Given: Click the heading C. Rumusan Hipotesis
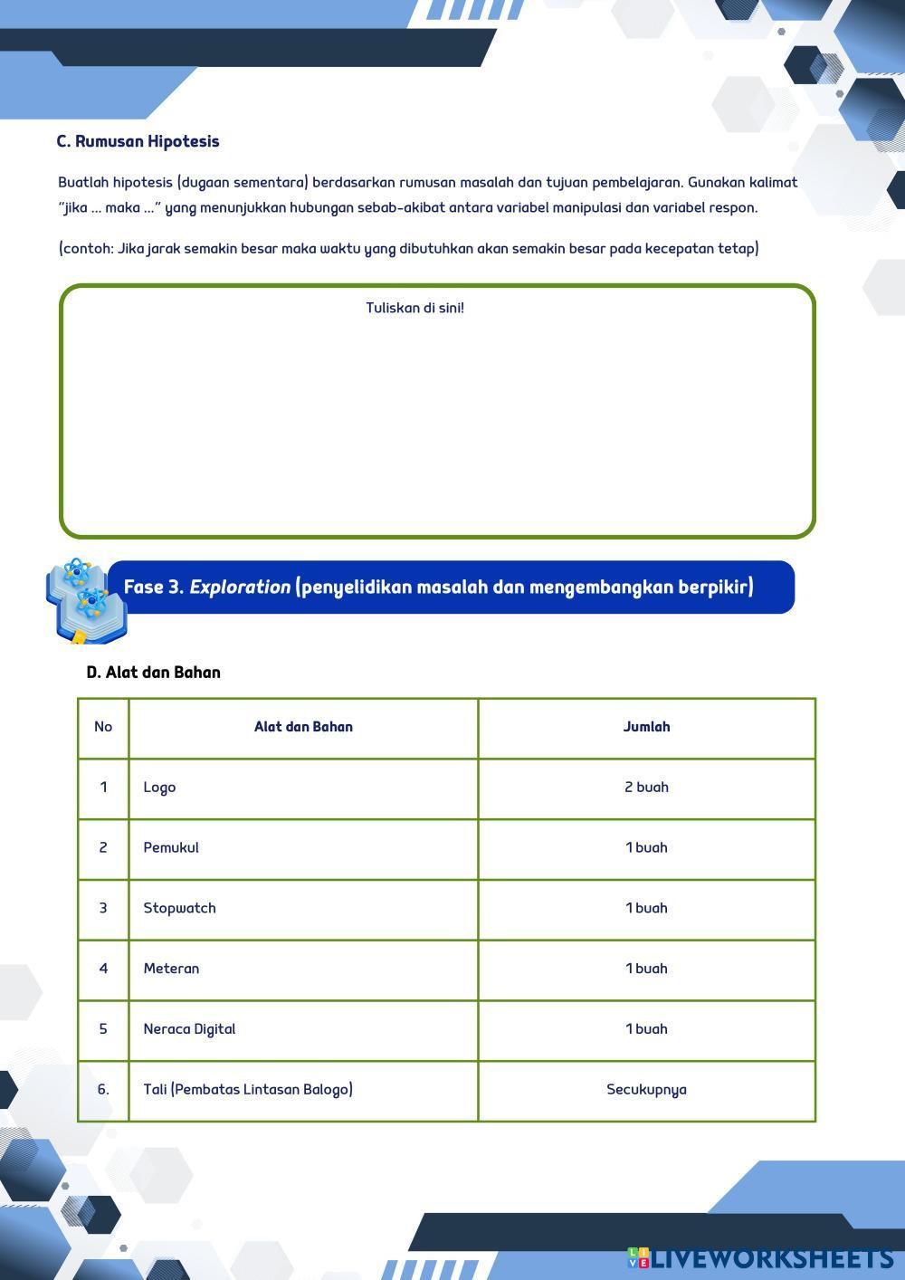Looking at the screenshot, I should pyautogui.click(x=138, y=141).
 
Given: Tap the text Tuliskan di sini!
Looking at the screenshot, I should pyautogui.click(x=414, y=308).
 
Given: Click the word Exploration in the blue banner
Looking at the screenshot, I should pyautogui.click(x=240, y=587).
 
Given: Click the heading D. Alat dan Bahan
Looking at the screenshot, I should pyautogui.click(x=153, y=673).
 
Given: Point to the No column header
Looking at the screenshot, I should pyautogui.click(x=103, y=727).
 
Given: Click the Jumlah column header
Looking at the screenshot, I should pyautogui.click(x=646, y=727).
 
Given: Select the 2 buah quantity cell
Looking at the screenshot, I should pyautogui.click(x=646, y=788).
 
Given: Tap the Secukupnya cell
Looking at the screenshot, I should pyautogui.click(x=646, y=1090).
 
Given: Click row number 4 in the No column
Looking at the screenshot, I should pyautogui.click(x=103, y=969).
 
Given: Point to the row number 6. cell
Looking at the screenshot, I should pyautogui.click(x=103, y=1090).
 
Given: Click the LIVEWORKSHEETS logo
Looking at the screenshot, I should pyautogui.click(x=762, y=1258).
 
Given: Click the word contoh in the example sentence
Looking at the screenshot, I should pyautogui.click(x=88, y=249).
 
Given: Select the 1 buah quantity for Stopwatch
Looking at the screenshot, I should pyautogui.click(x=646, y=908).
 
